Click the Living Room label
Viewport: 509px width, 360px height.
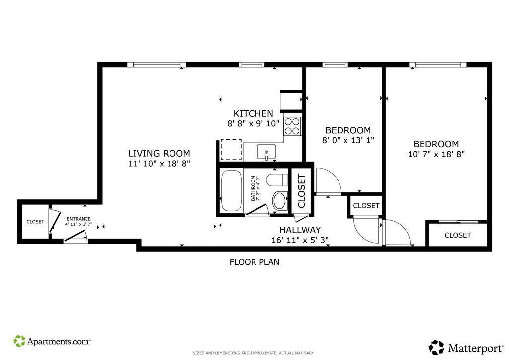pos(159,153)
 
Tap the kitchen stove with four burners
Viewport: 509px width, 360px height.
pos(292,126)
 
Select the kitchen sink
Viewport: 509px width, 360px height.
pos(266,152)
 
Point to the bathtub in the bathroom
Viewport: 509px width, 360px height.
pos(231,191)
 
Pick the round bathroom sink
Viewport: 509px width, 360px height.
pos(279,201)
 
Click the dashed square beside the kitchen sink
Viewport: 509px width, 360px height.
pos(231,150)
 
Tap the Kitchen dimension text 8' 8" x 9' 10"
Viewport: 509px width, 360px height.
pos(253,124)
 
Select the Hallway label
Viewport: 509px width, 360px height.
pos(300,230)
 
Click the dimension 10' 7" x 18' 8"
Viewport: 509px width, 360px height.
pos(436,154)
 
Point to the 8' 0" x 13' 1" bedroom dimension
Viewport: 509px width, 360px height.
pos(348,140)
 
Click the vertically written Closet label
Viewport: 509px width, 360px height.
pos(302,191)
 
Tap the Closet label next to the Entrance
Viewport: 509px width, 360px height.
pos(35,222)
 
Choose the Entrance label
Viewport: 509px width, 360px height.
pos(79,219)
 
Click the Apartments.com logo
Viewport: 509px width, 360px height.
pos(52,341)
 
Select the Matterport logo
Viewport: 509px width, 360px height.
pos(466,348)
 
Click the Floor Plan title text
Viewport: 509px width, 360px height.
pos(254,262)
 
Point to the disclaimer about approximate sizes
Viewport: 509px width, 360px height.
pos(254,353)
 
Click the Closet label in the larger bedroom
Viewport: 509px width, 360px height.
pos(458,235)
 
